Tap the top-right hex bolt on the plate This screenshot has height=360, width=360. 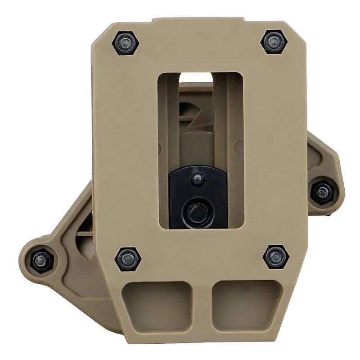coord(274,42)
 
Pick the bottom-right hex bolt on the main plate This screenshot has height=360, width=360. coord(275,256)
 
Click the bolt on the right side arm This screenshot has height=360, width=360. coord(324,193)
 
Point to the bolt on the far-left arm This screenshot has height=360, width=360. coord(40,260)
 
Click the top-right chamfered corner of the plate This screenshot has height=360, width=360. coord(292,29)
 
